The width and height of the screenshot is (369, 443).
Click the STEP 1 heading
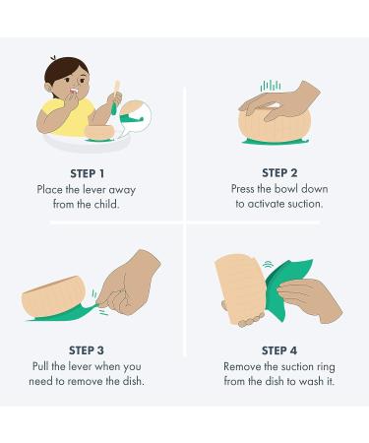pyautogui.click(x=88, y=173)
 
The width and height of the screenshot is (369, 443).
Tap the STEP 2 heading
pyautogui.click(x=279, y=173)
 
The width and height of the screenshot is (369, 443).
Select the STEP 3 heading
pyautogui.click(x=87, y=350)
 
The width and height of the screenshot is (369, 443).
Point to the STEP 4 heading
pyautogui.click(x=279, y=350)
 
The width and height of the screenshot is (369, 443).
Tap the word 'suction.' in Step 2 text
pyautogui.click(x=305, y=204)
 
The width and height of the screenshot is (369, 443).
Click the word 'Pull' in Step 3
pyautogui.click(x=40, y=366)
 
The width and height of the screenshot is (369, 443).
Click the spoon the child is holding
pyautogui.click(x=115, y=96)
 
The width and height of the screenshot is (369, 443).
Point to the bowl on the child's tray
pyautogui.click(x=99, y=131)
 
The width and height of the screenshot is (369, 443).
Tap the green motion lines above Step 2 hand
pyautogui.click(x=271, y=86)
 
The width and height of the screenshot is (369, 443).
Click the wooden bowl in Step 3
pyautogui.click(x=54, y=297)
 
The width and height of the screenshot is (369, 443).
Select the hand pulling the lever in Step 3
pyautogui.click(x=130, y=284)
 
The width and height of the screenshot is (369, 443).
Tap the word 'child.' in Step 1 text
pyautogui.click(x=106, y=204)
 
